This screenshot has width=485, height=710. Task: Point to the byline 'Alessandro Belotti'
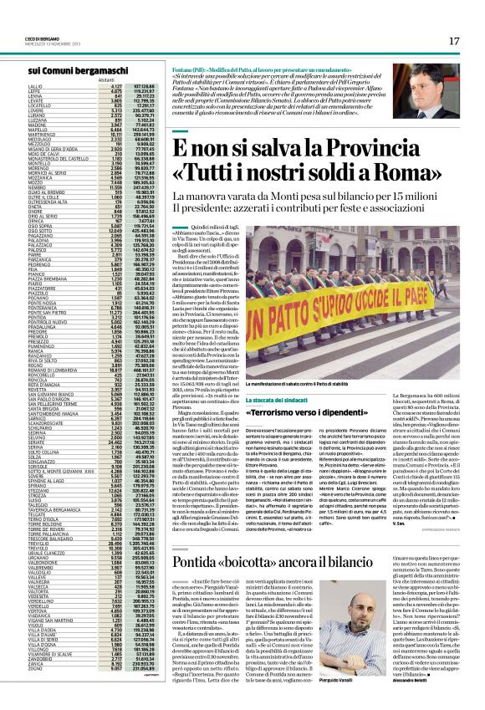[x=448, y=686]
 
